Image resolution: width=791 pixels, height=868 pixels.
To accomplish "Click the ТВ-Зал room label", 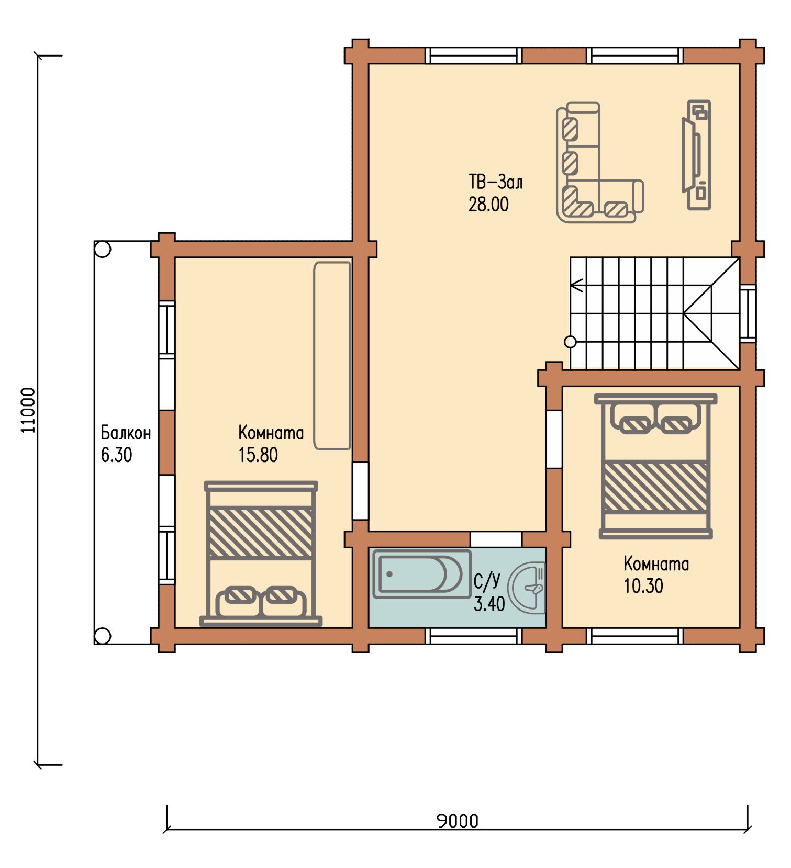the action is [x=495, y=182].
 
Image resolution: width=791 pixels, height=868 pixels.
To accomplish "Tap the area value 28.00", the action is [x=488, y=204].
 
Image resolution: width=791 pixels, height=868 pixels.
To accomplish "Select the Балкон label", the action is [x=126, y=433].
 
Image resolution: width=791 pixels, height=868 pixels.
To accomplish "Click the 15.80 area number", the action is [x=258, y=455].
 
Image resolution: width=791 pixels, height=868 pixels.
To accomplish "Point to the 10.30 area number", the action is [x=643, y=585].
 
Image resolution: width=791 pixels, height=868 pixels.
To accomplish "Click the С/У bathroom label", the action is [x=487, y=581].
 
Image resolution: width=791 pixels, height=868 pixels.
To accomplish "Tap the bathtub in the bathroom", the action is [x=421, y=573].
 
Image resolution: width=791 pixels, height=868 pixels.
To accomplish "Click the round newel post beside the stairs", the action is [x=570, y=342].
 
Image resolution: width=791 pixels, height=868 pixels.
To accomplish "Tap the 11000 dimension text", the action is [x=28, y=410].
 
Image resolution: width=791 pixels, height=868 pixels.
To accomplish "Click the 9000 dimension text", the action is [x=458, y=821].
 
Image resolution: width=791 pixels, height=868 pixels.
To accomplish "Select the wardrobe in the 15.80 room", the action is [x=332, y=356].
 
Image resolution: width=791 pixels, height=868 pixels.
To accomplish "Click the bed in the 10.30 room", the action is [x=655, y=467].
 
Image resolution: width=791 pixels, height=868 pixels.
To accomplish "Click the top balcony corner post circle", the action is [x=103, y=250].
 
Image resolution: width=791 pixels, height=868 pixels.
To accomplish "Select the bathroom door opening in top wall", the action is [x=496, y=539].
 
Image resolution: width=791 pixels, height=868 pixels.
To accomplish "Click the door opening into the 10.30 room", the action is [x=554, y=439].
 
